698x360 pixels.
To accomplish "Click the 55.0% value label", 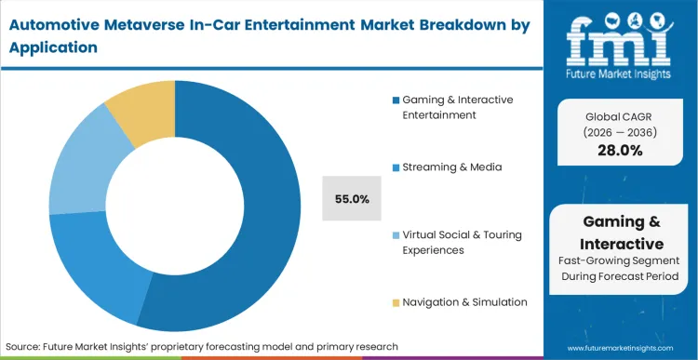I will tap(352, 198).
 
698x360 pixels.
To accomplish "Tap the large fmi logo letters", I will tap(621, 37).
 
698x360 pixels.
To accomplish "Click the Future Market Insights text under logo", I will tap(621, 73).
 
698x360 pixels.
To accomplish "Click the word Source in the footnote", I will tap(29, 345).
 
